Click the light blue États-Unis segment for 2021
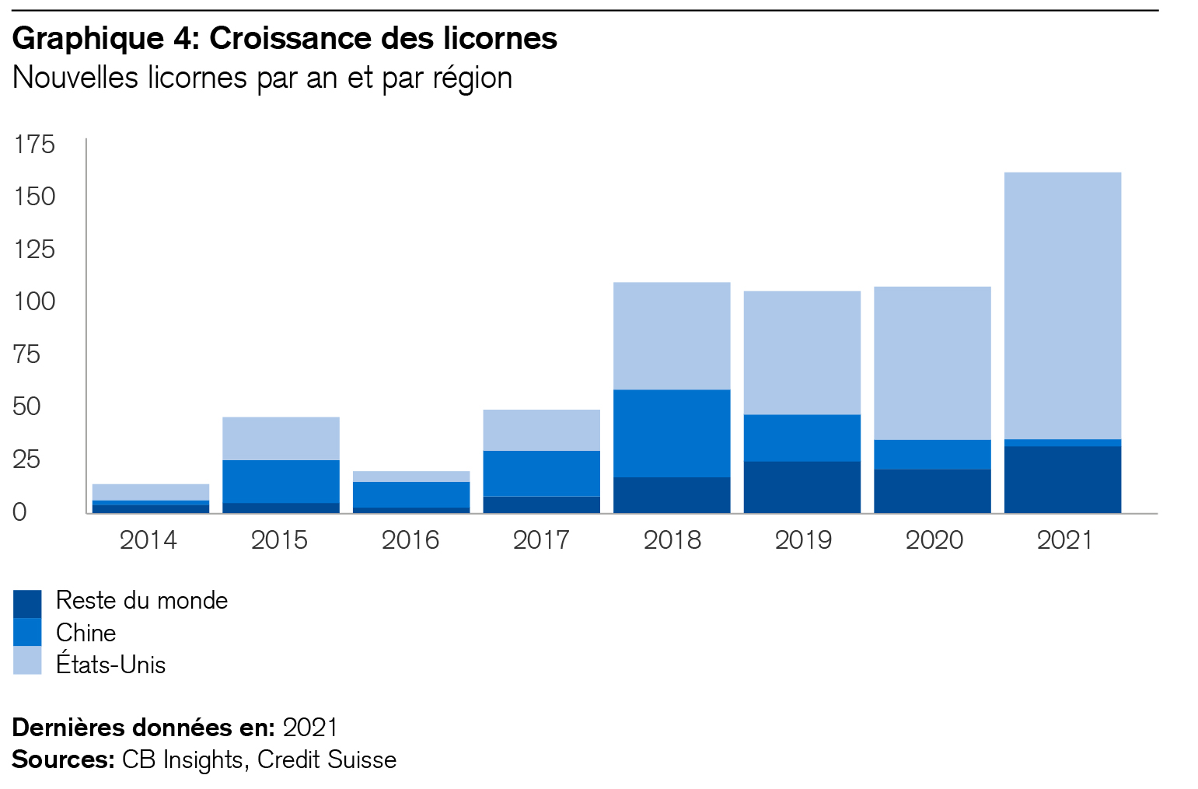click(x=1062, y=305)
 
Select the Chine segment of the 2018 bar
click(x=672, y=433)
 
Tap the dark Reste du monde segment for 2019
click(x=802, y=487)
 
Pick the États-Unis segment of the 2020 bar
click(x=932, y=363)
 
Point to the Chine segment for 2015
click(x=281, y=481)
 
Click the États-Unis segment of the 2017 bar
click(x=541, y=430)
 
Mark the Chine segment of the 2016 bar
click(x=410, y=494)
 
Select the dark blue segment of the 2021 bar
click(x=1062, y=479)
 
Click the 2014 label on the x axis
click(x=148, y=539)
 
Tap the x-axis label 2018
click(x=672, y=539)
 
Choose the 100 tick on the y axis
click(x=34, y=302)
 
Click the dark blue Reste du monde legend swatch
click(x=27, y=603)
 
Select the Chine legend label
click(x=86, y=633)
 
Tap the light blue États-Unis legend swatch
click(x=27, y=661)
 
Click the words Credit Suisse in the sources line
click(x=327, y=759)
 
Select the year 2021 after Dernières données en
click(x=310, y=728)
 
